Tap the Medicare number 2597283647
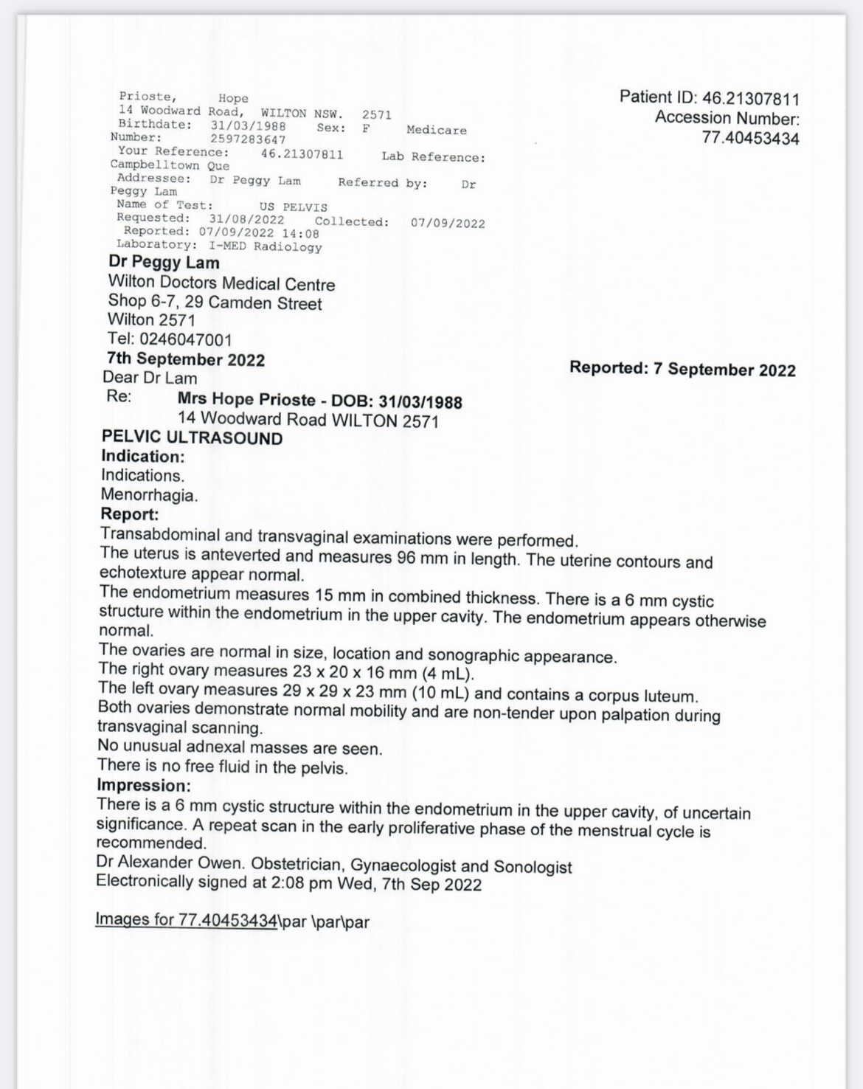[248, 139]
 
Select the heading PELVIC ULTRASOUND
[192, 438]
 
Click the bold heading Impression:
[143, 785]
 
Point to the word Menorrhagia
[149, 495]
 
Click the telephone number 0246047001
[185, 339]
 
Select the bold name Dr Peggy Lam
[163, 263]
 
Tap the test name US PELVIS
[293, 207]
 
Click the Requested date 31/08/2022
[246, 219]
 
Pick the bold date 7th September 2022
[185, 359]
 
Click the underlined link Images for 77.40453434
[186, 919]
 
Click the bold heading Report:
[129, 514]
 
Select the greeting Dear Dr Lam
[150, 378]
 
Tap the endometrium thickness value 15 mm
[336, 595]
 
